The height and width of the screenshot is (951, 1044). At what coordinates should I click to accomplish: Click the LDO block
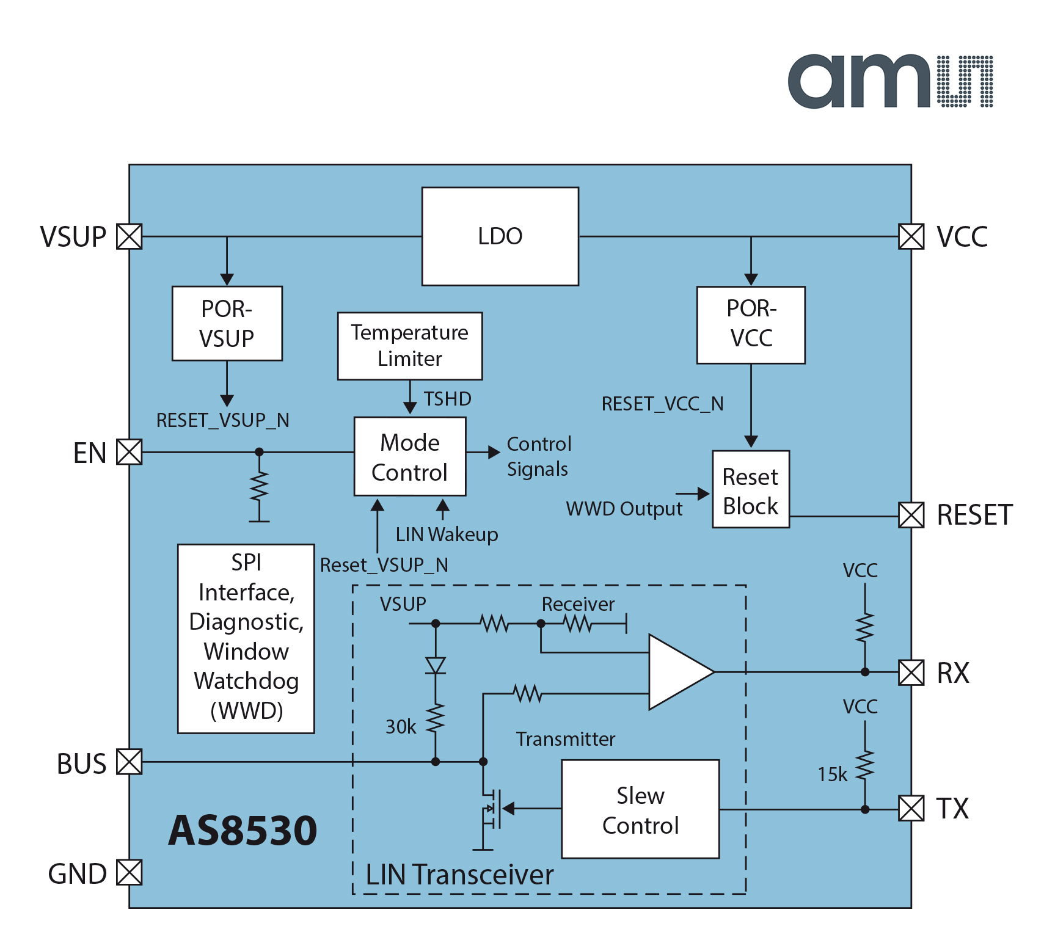[x=500, y=236]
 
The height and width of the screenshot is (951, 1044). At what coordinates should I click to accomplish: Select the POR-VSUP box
[x=227, y=323]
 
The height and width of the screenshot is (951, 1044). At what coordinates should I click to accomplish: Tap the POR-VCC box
[x=751, y=324]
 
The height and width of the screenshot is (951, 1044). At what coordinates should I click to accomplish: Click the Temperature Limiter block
[x=409, y=346]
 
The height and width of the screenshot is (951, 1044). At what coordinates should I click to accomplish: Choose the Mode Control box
[x=409, y=456]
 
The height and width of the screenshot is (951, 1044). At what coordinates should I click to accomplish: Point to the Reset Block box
[x=750, y=489]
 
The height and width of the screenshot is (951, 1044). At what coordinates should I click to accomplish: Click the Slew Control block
[x=640, y=809]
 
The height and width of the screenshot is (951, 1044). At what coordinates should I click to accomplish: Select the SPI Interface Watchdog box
[x=246, y=638]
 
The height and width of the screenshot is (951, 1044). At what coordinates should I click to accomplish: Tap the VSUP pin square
[x=129, y=236]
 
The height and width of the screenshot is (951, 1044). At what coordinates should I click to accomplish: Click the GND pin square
[x=129, y=872]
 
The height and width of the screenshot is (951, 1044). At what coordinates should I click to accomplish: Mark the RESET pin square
[x=911, y=515]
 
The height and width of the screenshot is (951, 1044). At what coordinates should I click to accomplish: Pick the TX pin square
[x=911, y=809]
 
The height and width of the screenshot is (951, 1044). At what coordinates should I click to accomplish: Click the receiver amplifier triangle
[x=675, y=672]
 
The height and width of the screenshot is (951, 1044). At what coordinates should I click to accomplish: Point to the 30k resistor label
[x=401, y=727]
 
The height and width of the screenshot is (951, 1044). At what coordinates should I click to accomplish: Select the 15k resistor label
[x=832, y=774]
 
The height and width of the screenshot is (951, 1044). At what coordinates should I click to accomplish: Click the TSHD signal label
[x=448, y=399]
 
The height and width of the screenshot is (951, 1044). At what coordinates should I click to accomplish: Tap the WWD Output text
[x=624, y=509]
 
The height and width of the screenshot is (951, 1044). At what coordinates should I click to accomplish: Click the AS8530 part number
[x=243, y=830]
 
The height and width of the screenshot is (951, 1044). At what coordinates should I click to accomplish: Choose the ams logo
[x=889, y=81]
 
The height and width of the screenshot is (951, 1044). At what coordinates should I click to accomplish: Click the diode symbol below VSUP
[x=436, y=665]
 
